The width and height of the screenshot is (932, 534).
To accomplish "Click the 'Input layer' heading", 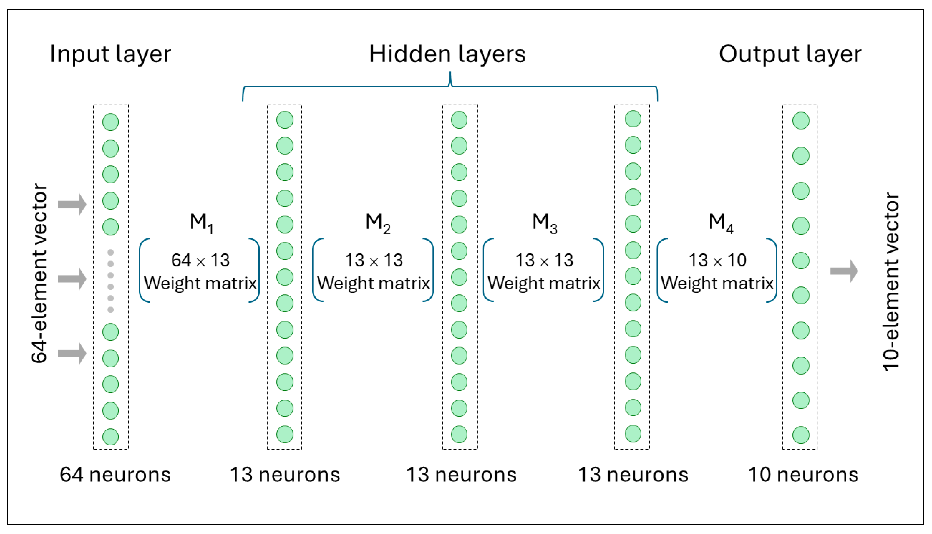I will point(110,54).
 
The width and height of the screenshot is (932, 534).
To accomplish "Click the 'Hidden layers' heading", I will point(447,54).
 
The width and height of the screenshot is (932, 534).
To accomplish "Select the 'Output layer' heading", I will point(790,54).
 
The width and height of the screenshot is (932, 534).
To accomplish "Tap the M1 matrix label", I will point(201,223).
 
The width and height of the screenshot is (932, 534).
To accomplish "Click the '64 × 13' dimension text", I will point(200,260).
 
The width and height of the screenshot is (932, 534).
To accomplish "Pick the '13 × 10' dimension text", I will point(717,260).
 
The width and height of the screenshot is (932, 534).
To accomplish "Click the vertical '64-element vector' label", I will point(39,273).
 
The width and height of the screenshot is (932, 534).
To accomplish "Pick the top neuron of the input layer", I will point(110,122).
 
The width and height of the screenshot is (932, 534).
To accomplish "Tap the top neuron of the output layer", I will point(801,121).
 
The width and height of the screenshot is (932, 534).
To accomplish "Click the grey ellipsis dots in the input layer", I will point(110,281).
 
